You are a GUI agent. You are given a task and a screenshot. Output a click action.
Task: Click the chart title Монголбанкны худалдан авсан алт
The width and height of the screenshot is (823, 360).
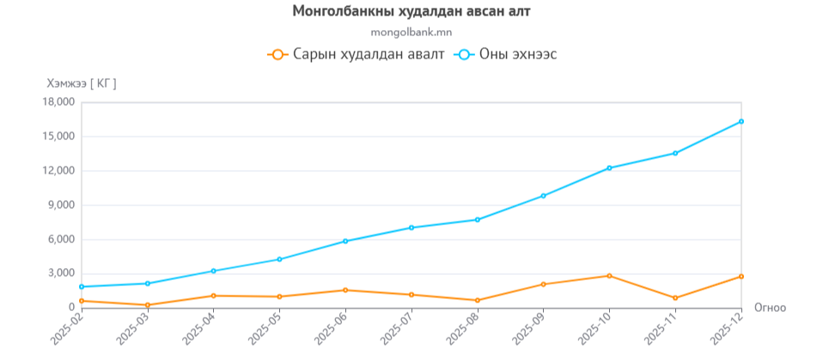(411, 11)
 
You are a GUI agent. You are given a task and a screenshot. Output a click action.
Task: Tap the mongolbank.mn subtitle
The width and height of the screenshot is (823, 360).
(411, 33)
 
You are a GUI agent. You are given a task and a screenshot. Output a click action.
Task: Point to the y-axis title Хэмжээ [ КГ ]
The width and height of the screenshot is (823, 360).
(82, 83)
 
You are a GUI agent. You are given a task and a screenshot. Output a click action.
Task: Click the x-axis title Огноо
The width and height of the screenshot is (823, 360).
(770, 307)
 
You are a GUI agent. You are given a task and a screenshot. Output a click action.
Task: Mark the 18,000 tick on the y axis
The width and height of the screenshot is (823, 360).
(59, 102)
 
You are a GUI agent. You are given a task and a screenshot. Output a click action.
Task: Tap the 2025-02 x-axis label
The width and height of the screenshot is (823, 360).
(67, 330)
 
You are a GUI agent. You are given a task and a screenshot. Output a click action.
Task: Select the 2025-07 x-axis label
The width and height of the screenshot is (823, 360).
(397, 330)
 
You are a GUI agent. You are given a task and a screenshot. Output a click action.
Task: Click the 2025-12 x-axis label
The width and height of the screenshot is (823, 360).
(727, 330)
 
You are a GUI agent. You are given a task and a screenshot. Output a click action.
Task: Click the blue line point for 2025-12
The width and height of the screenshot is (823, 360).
(741, 121)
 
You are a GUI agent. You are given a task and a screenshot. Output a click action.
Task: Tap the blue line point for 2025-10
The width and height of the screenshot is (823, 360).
(609, 168)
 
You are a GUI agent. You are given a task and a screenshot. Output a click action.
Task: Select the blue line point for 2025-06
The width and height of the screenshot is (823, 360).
(345, 241)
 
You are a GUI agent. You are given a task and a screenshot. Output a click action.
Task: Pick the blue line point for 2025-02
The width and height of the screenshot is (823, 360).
(82, 286)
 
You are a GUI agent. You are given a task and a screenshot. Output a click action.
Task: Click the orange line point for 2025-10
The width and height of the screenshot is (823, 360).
(609, 276)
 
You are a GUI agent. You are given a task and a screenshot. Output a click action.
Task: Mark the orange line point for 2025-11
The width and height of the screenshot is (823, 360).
(675, 298)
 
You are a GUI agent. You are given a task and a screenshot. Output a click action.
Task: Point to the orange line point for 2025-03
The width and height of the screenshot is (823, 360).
(148, 305)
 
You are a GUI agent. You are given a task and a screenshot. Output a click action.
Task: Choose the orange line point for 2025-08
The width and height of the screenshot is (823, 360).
(478, 300)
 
